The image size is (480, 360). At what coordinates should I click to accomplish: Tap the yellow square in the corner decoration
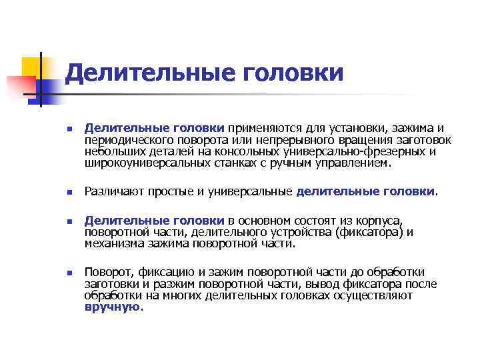pos(31,67)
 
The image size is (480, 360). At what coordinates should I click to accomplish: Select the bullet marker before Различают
pos(68,193)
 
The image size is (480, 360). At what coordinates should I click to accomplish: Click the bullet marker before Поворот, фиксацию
pos(68,273)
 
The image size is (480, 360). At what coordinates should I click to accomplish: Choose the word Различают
pos(113,192)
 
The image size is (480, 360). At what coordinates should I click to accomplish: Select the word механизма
pos(111,243)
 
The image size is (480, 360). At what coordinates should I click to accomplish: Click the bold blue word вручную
pos(113,307)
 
